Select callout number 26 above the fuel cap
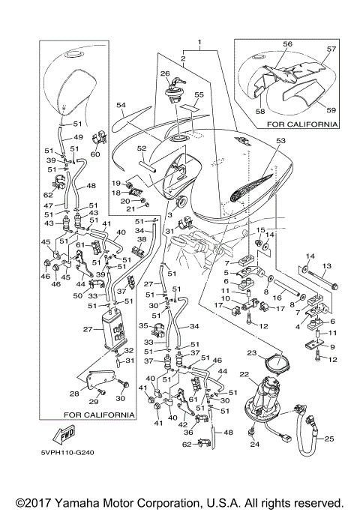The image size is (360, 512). (x=165, y=73)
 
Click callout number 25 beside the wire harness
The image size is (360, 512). (x=329, y=439)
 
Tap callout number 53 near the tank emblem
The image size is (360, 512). (x=281, y=141)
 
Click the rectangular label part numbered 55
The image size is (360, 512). (x=190, y=108)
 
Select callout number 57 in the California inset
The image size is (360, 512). (x=331, y=49)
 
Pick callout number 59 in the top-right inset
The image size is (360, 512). (x=331, y=109)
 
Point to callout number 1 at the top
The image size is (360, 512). (x=199, y=43)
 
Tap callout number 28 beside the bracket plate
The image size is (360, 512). (x=74, y=394)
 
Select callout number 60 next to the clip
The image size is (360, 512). (x=95, y=154)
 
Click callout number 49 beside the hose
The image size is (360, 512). (x=78, y=137)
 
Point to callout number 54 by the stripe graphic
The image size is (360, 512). (x=121, y=105)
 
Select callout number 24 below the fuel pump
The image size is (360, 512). (x=254, y=444)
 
